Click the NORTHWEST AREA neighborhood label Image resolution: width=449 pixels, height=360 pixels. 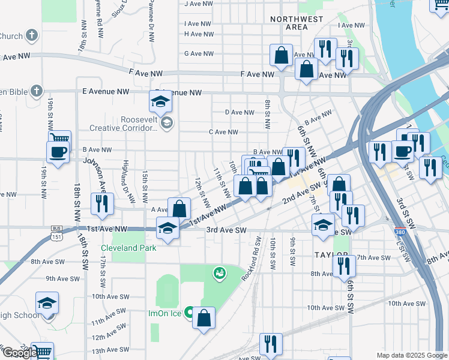click(x=297, y=23)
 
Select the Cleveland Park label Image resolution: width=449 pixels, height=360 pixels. click(x=128, y=248)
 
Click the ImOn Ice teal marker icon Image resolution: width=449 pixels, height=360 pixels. click(x=189, y=313)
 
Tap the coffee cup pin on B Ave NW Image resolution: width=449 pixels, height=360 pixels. click(x=58, y=152)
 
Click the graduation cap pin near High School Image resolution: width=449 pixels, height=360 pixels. click(x=47, y=304)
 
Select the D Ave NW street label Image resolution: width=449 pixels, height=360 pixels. click(x=240, y=112)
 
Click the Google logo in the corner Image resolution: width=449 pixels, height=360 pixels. click(x=20, y=353)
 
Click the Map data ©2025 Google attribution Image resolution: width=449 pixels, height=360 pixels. click(x=411, y=355)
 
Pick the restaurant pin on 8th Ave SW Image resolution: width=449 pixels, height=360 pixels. click(x=343, y=264)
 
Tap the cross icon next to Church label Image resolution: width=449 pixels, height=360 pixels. click(x=32, y=36)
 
